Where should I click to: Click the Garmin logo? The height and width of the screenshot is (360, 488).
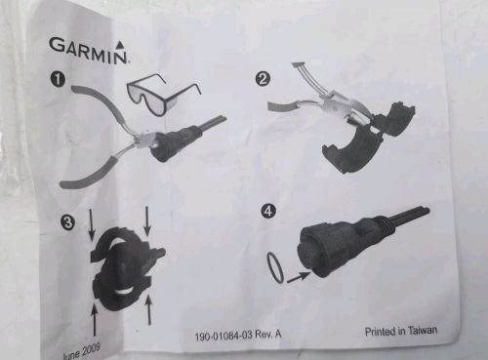click(x=88, y=51)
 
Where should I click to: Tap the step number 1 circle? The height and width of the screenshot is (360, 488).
click(x=58, y=80)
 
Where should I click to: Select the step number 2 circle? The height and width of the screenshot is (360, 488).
click(x=263, y=79)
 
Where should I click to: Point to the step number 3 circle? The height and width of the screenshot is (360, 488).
click(x=68, y=222)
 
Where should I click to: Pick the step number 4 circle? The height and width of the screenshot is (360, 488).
click(x=268, y=211)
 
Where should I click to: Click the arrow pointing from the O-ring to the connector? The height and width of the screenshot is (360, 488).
click(x=299, y=277)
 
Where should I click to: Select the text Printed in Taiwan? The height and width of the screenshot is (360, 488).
click(x=401, y=331)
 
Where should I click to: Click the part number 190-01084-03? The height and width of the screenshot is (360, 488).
click(x=224, y=336)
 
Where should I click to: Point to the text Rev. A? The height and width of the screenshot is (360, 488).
click(x=268, y=335)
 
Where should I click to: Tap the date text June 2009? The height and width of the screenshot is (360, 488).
click(x=81, y=351)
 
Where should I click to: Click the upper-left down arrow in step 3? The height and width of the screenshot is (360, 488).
click(x=92, y=225)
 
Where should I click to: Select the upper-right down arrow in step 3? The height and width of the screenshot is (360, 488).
click(x=147, y=220)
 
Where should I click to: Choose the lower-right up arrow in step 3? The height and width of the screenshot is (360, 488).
click(x=148, y=309)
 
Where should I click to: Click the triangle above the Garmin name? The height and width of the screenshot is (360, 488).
click(x=120, y=43)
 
